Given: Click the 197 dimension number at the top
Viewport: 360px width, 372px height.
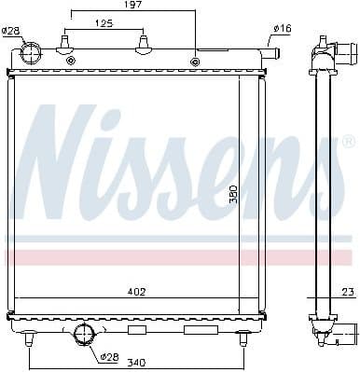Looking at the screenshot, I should tap(134, 7).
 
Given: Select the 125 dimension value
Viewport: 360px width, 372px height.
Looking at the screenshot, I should tap(104, 23).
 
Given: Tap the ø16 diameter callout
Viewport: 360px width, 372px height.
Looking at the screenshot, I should tap(282, 29).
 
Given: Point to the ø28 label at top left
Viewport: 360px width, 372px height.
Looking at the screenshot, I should tap(10, 31).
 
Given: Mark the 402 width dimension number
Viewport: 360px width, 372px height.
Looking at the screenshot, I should tap(137, 292).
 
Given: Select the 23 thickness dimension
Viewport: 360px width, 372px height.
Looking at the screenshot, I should tap(346, 292).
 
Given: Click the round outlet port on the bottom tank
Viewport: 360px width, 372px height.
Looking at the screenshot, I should tap(84, 335).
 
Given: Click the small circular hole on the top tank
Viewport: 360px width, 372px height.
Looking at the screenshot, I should tap(195, 62).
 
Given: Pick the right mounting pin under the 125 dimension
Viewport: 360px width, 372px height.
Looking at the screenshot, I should tap(143, 44).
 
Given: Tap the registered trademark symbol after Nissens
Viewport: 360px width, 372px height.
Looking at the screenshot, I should tap(348, 142).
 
